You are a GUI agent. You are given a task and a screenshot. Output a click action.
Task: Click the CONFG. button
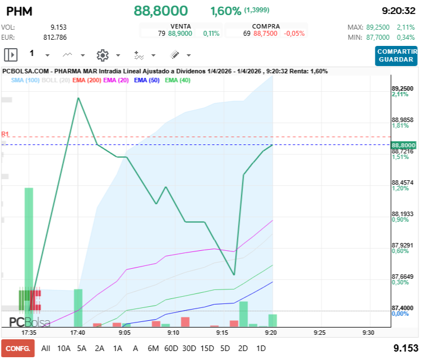click(17, 348)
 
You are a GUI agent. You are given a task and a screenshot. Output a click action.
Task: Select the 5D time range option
click(225, 348)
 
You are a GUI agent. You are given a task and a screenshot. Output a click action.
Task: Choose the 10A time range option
click(64, 348)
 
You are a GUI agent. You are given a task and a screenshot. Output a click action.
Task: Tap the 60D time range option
click(171, 348)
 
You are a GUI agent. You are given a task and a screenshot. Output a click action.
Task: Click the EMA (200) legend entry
click(87, 80)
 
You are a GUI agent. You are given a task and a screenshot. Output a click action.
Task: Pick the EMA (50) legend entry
click(147, 80)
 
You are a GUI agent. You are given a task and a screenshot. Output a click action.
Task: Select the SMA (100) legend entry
click(25, 80)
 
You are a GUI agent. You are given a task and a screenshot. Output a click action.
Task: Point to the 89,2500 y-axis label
click(402, 88)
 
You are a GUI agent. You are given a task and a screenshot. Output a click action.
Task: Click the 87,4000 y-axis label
click(402, 308)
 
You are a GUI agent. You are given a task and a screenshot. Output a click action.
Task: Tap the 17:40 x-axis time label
click(77, 332)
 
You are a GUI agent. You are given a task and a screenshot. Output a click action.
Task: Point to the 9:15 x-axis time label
click(223, 332)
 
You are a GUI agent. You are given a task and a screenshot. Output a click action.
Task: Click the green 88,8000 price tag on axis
click(402, 145)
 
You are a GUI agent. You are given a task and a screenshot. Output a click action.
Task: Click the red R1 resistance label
click(5, 134)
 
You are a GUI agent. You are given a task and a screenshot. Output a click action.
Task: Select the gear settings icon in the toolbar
click(102, 55)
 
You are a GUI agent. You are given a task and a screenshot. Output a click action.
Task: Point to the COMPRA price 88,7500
click(265, 34)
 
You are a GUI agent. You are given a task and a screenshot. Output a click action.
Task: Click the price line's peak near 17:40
click(78, 98)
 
